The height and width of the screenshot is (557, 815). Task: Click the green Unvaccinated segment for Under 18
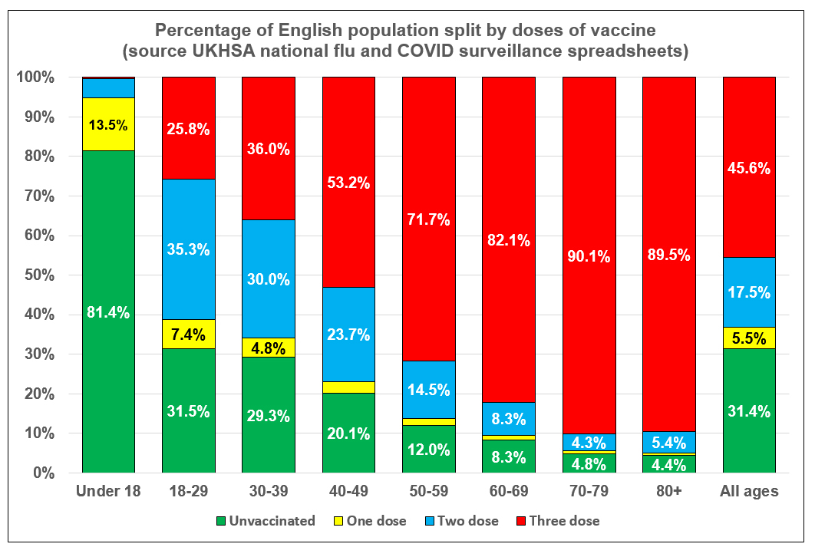[x=108, y=311]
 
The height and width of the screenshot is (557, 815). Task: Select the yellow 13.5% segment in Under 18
[x=108, y=124]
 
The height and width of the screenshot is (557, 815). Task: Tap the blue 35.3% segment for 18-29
[x=188, y=249]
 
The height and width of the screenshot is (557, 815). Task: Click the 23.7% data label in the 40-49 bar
[x=348, y=335]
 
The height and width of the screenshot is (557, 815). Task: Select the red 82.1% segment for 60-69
[x=508, y=239]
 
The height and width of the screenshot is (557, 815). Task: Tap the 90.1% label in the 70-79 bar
[x=589, y=256]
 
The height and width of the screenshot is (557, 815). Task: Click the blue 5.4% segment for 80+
[x=668, y=443]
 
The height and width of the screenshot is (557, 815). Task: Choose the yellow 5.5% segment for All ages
[x=749, y=338]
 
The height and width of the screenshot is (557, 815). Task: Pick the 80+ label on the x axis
[x=668, y=491]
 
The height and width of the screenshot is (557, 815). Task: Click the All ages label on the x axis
[x=749, y=491]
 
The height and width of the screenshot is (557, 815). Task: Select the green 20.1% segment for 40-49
[x=348, y=433]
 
